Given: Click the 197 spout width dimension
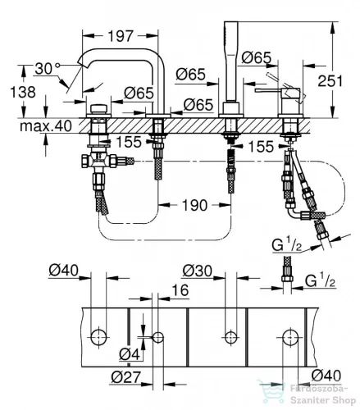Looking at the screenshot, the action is point(121,36).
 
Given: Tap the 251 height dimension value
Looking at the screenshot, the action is point(330,81).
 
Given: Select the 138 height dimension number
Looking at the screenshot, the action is point(23,92).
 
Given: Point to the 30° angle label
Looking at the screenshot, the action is point(47,69).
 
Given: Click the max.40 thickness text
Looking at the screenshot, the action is point(46,126).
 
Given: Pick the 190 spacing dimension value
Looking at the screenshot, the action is point(194,205).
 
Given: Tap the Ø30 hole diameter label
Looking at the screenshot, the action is point(198,271).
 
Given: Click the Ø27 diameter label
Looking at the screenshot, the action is point(125,377).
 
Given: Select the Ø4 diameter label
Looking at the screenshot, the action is point(130,354).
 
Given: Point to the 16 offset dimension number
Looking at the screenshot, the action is point(180,290).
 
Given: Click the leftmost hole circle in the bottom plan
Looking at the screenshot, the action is point(98,337).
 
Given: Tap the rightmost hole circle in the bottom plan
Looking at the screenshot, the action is point(290,338).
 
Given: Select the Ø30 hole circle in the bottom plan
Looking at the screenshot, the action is point(231,337).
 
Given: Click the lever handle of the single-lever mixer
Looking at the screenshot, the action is point(268,90).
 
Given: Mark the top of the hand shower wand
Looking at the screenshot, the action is point(231,22).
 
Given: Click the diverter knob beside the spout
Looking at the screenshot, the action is point(98,108).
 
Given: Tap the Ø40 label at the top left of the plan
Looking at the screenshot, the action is point(63,271).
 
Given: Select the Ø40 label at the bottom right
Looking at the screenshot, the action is point(326,376).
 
